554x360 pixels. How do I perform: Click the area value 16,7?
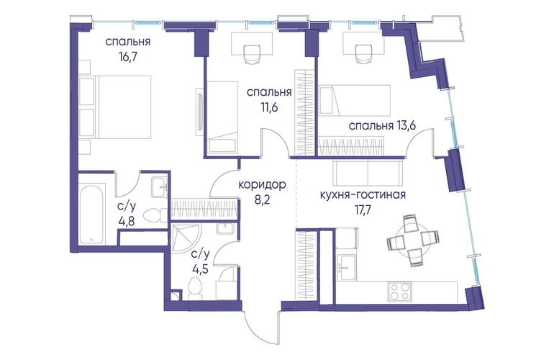128,57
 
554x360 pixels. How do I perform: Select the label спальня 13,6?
382,126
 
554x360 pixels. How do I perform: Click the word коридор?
262,185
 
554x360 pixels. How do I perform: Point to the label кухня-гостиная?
363,195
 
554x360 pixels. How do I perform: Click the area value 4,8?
127,222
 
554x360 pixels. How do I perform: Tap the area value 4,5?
200,269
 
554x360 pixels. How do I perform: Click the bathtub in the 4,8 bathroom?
91,213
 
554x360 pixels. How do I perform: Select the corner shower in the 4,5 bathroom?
185,238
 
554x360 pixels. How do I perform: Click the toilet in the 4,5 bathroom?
194,287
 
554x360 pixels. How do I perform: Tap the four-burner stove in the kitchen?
399,292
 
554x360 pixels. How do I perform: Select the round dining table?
413,240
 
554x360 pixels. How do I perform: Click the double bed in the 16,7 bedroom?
115,107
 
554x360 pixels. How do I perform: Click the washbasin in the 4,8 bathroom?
159,187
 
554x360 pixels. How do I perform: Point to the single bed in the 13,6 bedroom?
355,100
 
